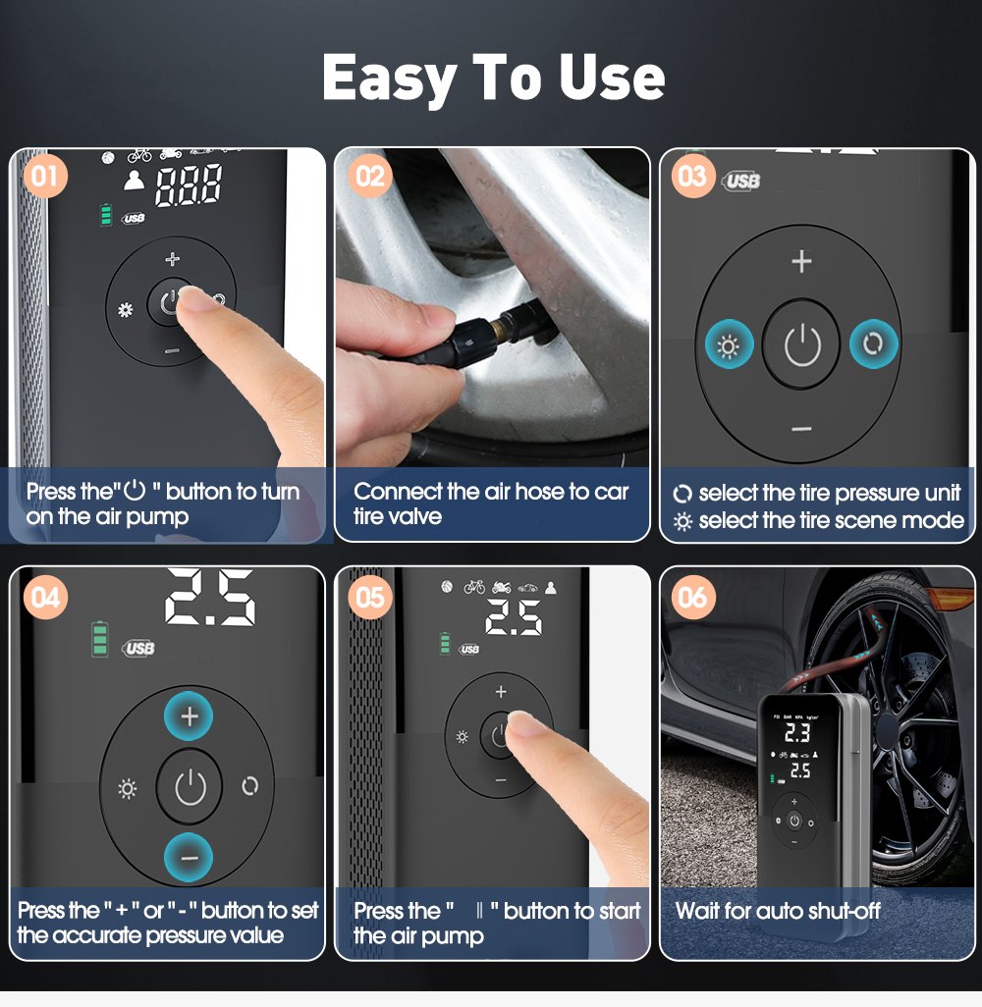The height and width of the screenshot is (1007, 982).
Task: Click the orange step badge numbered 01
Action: tap(43, 177)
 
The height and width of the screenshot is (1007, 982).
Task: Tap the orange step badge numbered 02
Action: tap(370, 177)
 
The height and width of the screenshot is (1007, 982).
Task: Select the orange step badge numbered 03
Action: tap(692, 177)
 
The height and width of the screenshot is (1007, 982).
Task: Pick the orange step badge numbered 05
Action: tap(370, 597)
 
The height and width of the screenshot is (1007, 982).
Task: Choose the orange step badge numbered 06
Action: tap(692, 597)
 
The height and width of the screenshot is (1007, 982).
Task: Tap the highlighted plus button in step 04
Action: tap(191, 716)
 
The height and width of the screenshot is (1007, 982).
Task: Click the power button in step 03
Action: tap(801, 345)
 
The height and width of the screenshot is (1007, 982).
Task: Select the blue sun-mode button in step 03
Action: tap(729, 345)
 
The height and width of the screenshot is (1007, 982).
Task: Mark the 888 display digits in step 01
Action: tap(189, 185)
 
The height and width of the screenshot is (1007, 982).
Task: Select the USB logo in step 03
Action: tap(742, 182)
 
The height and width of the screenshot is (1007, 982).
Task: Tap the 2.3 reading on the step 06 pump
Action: tap(796, 731)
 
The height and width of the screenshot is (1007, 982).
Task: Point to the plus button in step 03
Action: tap(801, 261)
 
